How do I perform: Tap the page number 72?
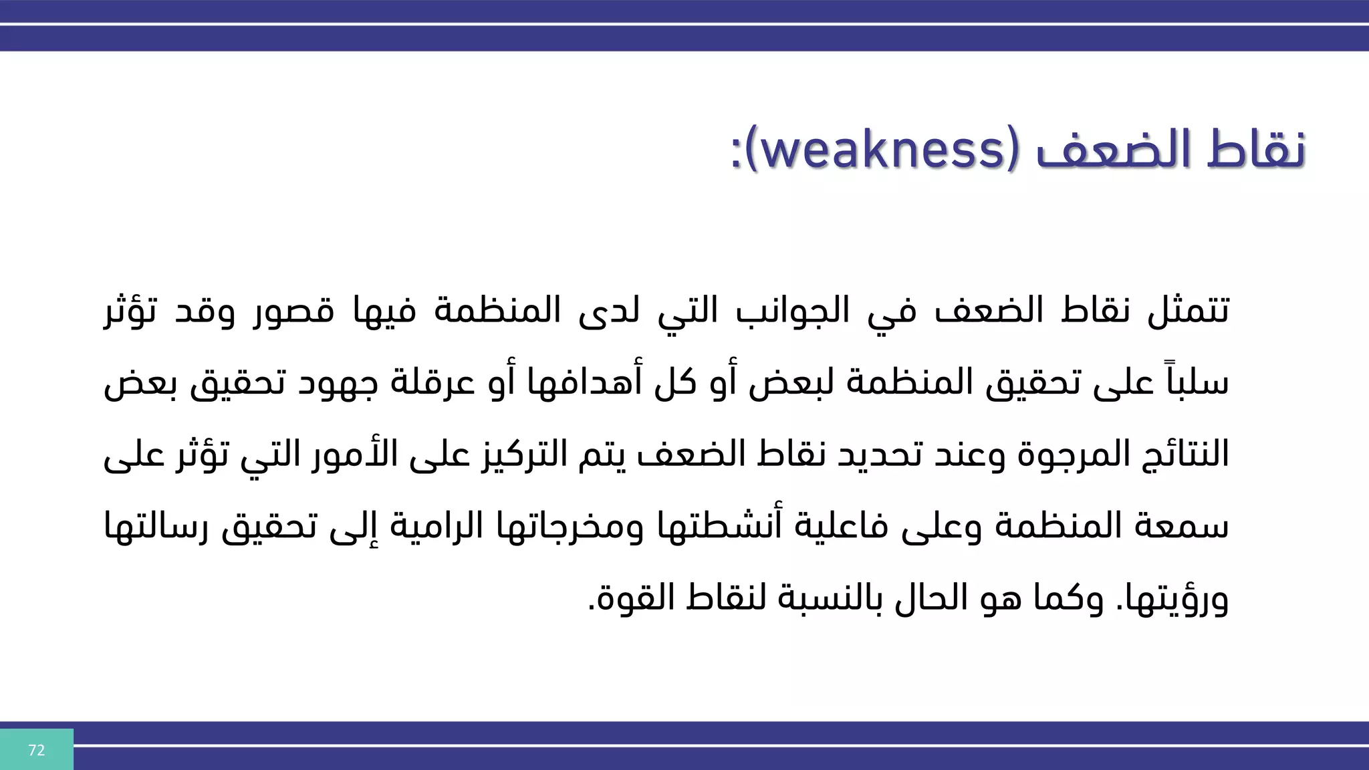pos(37,750)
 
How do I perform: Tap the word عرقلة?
pos(420,384)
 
